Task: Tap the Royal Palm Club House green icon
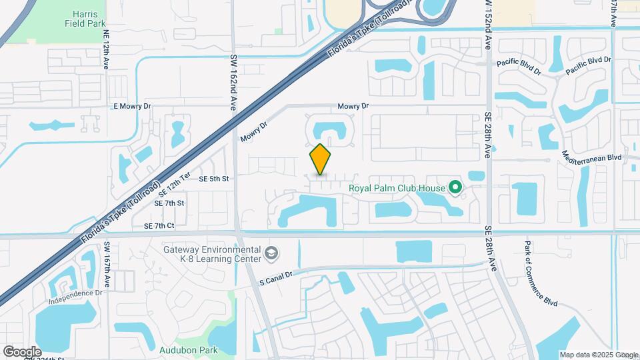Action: (456, 188)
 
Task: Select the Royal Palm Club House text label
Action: (397, 188)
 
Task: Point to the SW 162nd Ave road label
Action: (234, 83)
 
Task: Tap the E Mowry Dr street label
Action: (133, 106)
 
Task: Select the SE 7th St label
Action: (169, 203)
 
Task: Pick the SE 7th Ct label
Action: (159, 226)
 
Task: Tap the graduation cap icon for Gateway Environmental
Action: (271, 253)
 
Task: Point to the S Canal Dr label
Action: (276, 278)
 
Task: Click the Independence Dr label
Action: (75, 297)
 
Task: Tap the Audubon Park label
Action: (179, 349)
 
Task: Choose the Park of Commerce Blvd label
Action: (539, 275)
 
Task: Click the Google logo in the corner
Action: (22, 351)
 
